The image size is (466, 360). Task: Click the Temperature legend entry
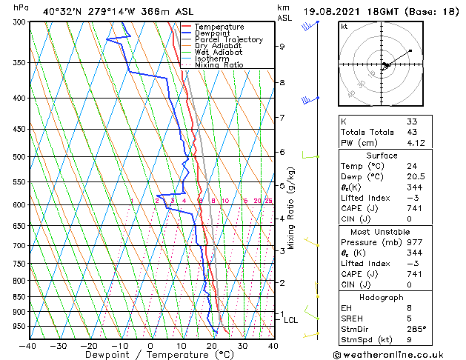(x=219, y=27)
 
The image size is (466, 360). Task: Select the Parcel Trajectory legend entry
(x=228, y=39)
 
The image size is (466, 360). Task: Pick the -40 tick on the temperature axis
(x=28, y=345)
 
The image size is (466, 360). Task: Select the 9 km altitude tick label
(x=282, y=47)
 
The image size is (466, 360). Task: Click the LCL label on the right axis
(x=290, y=320)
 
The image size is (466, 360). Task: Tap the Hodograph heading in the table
(x=382, y=296)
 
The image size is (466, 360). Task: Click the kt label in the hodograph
(x=344, y=26)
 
